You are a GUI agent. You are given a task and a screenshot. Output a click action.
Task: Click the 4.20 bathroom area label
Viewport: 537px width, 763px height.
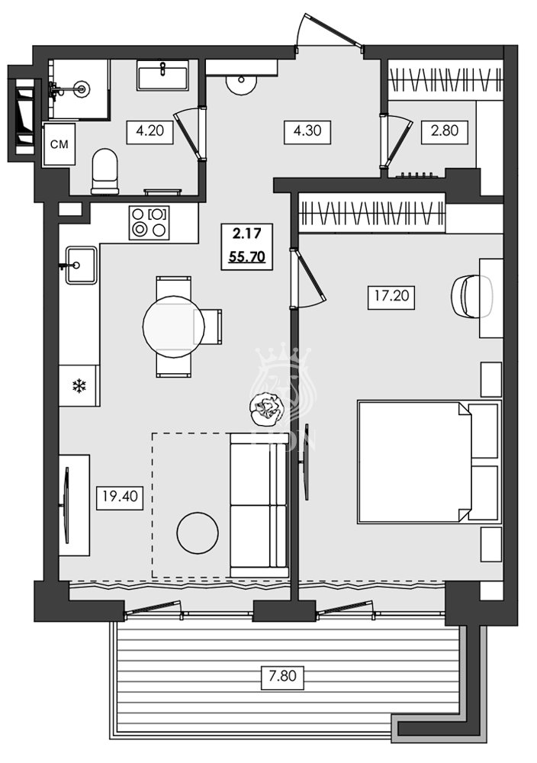(150, 130)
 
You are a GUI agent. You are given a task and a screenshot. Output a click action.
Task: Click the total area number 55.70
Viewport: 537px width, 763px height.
(246, 257)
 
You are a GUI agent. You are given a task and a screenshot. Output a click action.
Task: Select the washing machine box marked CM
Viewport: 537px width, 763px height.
(58, 144)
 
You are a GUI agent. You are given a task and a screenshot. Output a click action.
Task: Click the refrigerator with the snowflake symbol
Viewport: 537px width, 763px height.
(79, 386)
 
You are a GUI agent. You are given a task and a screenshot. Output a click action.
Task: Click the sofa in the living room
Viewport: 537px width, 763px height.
(259, 504)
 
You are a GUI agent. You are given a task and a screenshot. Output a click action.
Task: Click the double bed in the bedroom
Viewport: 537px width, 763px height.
(429, 462)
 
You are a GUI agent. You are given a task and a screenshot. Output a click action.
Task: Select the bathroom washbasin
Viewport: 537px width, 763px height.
(162, 77)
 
